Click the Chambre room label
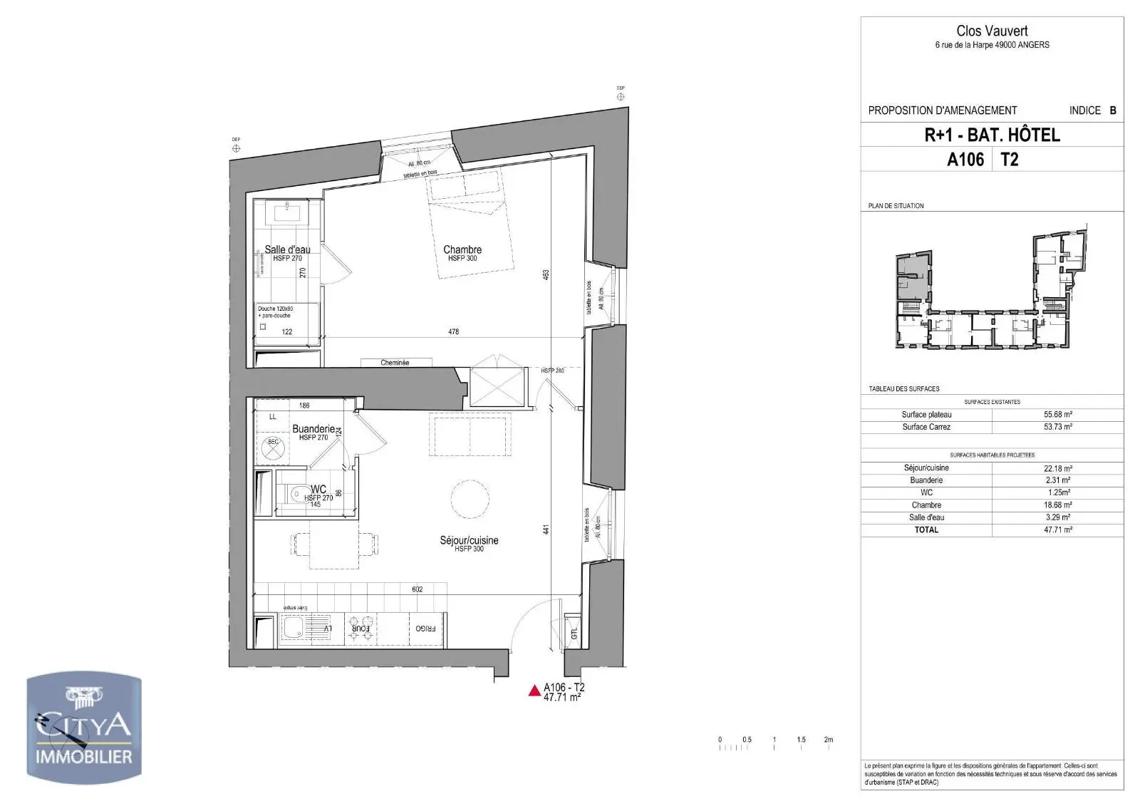pos(462,249)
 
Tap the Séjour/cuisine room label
pos(469,541)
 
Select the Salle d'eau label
pos(287,249)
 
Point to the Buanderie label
pos(313,429)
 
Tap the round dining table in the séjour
pos(470,499)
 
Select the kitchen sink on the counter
pos(293,629)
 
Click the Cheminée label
pos(395,363)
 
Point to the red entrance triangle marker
pos(534,691)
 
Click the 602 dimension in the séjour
pos(418,589)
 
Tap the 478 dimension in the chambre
pos(453,331)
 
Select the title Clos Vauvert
pos(992,31)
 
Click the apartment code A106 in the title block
pos(965,160)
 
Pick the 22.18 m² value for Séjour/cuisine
pos(1057,468)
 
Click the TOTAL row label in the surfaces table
pos(926,530)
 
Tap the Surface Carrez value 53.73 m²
pos(1057,427)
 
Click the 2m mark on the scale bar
pos(828,740)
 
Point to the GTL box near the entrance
pos(573,633)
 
